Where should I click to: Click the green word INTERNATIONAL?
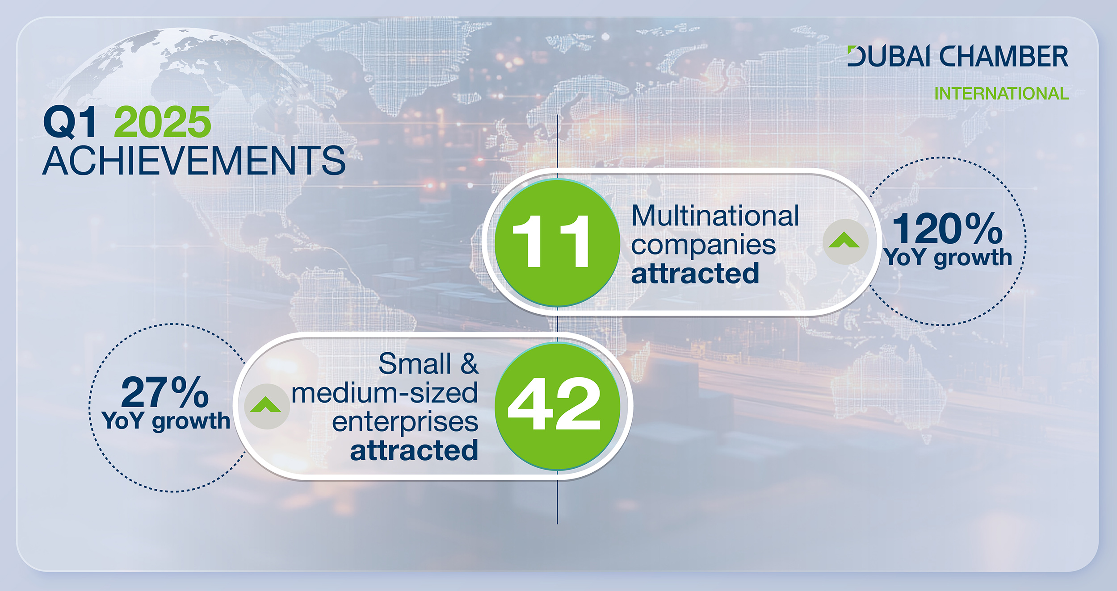pyautogui.click(x=1002, y=94)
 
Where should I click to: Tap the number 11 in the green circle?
pyautogui.click(x=551, y=241)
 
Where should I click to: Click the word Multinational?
pyautogui.click(x=715, y=216)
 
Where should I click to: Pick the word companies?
pyautogui.click(x=703, y=246)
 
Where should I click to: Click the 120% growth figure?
pyautogui.click(x=947, y=229)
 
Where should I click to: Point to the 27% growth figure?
pyautogui.click(x=164, y=392)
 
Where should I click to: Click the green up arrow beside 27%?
pyautogui.click(x=265, y=404)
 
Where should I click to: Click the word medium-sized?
pyautogui.click(x=385, y=393)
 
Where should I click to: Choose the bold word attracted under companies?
pyautogui.click(x=695, y=273)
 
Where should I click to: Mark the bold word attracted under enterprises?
pyautogui.click(x=414, y=450)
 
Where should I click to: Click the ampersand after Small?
pyautogui.click(x=470, y=363)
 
